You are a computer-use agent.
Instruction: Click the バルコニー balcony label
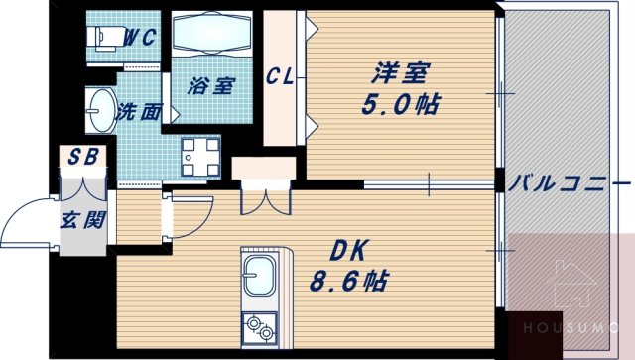(x=570, y=185)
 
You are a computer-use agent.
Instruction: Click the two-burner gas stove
(x=260, y=324)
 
